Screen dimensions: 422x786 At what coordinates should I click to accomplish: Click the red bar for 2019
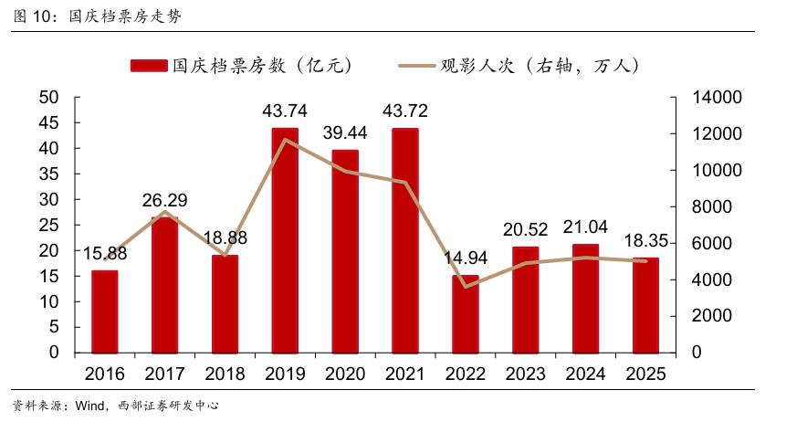tap(285, 240)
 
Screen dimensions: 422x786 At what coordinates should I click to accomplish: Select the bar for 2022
tap(465, 313)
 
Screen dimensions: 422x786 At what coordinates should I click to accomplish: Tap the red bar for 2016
tap(105, 311)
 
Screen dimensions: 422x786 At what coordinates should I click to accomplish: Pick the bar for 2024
tap(585, 298)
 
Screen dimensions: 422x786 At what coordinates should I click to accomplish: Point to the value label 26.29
tap(165, 199)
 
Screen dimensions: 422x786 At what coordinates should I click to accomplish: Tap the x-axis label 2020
tap(345, 375)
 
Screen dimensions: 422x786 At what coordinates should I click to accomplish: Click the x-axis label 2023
tap(525, 375)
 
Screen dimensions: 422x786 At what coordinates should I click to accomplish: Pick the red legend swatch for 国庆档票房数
tap(149, 66)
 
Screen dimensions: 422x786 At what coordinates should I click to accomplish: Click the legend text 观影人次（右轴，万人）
tap(539, 66)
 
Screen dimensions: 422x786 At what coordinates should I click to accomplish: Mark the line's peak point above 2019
tap(285, 140)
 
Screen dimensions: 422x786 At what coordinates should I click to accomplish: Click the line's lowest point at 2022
tap(465, 287)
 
